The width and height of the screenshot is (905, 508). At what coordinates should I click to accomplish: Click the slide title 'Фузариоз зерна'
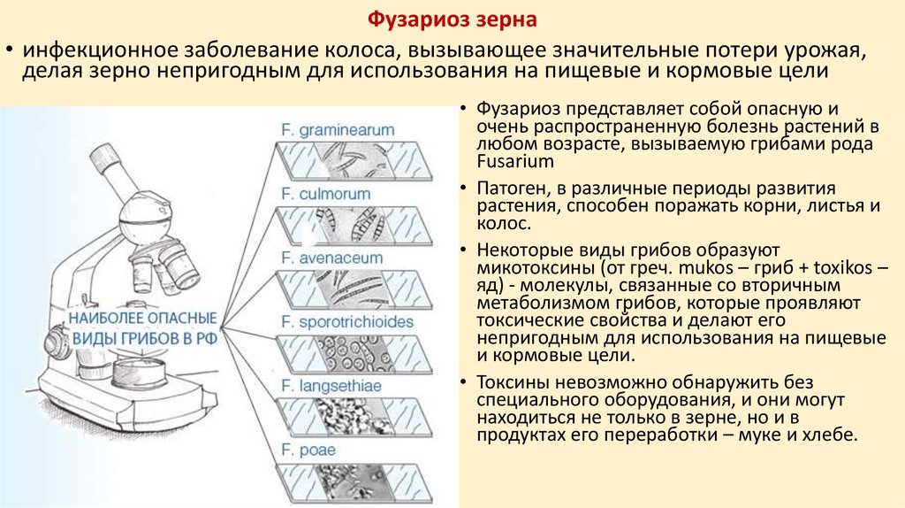[452, 18]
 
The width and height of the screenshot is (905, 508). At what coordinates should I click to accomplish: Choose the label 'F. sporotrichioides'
[346, 321]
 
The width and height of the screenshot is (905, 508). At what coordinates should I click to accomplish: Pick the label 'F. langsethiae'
[326, 386]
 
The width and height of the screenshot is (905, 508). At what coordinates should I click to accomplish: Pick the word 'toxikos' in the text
[828, 266]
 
